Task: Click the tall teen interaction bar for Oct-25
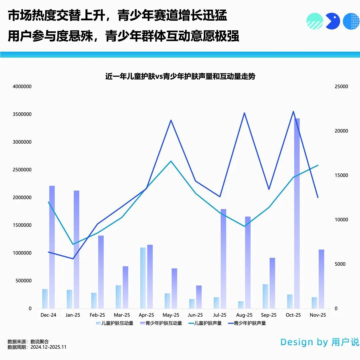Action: pyautogui.click(x=297, y=213)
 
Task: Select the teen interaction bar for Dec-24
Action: pyautogui.click(x=52, y=247)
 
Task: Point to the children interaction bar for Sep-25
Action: pyautogui.click(x=265, y=296)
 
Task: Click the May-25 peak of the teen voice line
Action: pyautogui.click(x=171, y=120)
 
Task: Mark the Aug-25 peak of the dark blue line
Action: pyautogui.click(x=244, y=113)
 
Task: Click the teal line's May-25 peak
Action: pyautogui.click(x=171, y=161)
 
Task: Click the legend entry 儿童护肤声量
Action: pyautogui.click(x=205, y=323)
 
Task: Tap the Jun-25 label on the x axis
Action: pyautogui.click(x=195, y=315)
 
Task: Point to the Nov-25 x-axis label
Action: pyautogui.click(x=318, y=315)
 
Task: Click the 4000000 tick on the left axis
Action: pyautogui.click(x=22, y=87)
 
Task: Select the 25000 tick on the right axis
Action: pyautogui.click(x=341, y=87)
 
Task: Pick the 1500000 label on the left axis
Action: pyautogui.click(x=22, y=225)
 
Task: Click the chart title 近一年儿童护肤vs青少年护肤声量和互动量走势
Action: pyautogui.click(x=180, y=76)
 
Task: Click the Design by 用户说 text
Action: pyautogui.click(x=319, y=342)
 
